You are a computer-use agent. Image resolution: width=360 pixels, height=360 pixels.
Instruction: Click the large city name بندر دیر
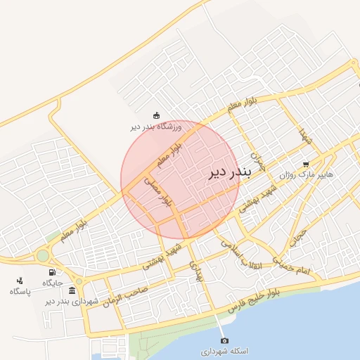(x=224, y=174)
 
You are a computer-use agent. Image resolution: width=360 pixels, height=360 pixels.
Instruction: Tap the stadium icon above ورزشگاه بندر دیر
(x=156, y=116)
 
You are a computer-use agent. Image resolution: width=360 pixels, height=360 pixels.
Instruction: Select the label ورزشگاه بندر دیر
(x=156, y=127)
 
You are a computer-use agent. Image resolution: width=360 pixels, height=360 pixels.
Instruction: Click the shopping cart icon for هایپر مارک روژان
(x=305, y=163)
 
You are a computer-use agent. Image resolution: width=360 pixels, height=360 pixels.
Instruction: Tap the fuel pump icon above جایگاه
(x=52, y=273)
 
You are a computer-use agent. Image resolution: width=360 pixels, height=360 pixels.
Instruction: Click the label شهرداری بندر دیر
(x=73, y=301)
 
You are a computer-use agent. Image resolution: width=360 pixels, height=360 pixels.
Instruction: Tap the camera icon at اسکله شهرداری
(x=224, y=340)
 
